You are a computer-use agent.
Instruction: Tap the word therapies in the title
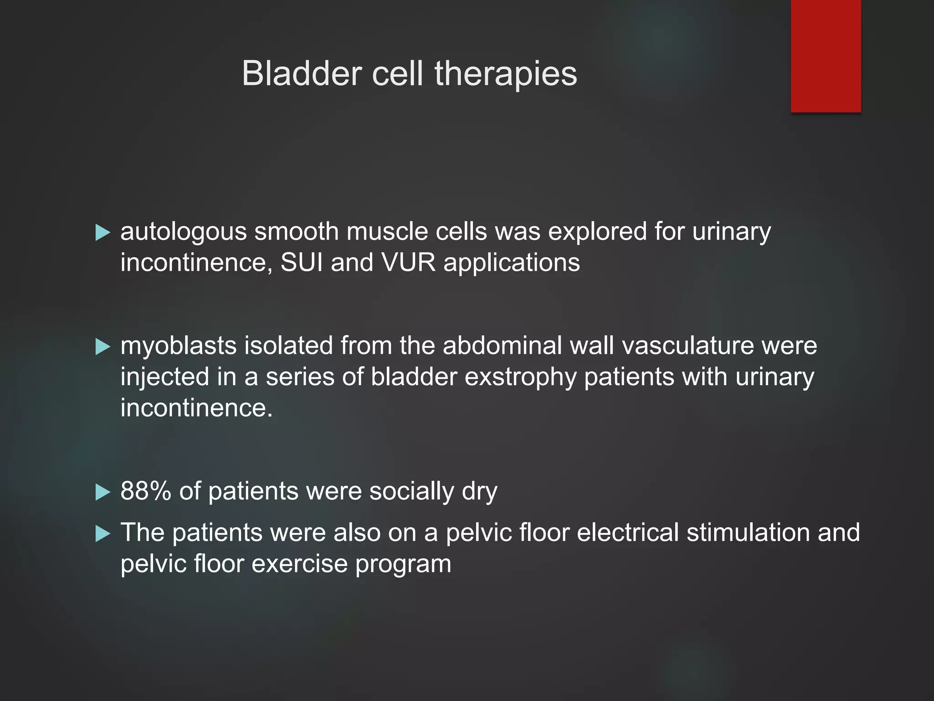pos(506,74)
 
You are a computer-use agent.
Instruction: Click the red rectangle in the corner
pos(825,56)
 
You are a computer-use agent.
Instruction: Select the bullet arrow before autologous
pos(103,233)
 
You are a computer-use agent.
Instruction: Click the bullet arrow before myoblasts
pos(103,347)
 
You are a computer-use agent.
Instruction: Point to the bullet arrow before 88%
pos(103,492)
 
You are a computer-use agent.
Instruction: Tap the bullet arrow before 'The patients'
pos(103,534)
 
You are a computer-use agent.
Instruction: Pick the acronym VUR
pos(408,263)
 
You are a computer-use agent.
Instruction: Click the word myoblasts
pos(178,346)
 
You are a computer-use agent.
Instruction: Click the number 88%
pos(145,492)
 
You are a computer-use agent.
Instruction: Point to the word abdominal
pos(502,346)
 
